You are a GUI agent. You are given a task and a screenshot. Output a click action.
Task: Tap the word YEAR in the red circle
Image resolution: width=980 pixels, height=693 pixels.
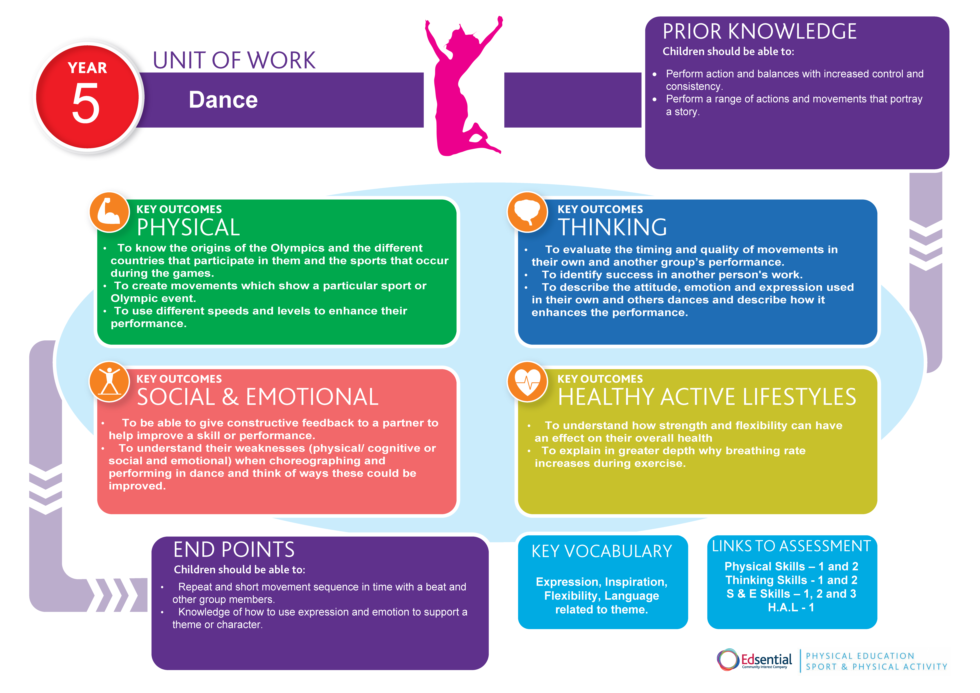[88, 68]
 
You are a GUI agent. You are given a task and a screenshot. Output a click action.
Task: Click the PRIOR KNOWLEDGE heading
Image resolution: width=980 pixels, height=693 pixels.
[759, 32]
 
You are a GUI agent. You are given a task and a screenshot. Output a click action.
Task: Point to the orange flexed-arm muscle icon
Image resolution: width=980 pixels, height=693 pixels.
[109, 212]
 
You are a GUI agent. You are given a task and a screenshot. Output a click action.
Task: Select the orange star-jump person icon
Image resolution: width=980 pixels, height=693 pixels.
[109, 381]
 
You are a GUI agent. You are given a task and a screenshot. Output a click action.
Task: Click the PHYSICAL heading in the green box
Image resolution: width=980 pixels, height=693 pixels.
[188, 227]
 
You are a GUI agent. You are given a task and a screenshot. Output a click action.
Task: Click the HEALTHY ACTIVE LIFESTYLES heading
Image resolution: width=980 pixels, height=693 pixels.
[707, 397]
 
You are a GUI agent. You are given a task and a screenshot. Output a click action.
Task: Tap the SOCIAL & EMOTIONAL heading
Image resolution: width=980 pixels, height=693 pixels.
[257, 397]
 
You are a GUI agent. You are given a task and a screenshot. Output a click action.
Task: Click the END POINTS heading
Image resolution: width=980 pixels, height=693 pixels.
[234, 550]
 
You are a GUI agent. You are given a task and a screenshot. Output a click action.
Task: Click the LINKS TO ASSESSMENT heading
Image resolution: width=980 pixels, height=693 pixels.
[791, 546]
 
